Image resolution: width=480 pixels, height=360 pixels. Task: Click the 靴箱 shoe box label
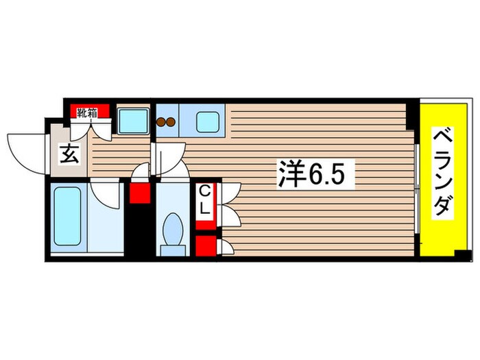coord(86,112)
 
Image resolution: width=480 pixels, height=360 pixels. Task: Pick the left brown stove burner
coord(162,123)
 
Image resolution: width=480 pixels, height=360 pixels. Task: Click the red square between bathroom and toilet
coord(140,193)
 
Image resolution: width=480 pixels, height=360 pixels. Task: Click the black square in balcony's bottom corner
coord(465,256)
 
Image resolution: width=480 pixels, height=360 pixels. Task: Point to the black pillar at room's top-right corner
coord(411,113)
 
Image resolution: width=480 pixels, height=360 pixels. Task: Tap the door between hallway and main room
coord(165,161)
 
